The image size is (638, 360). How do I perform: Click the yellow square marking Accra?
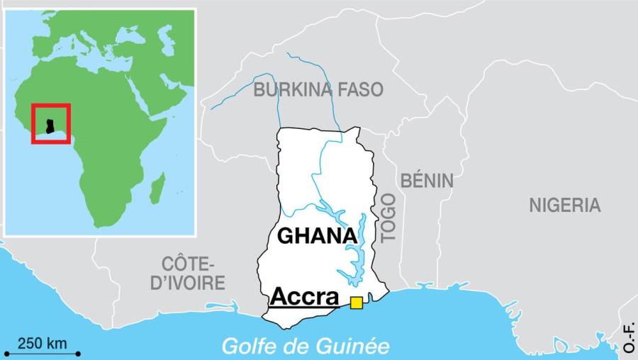pyautogui.click(x=356, y=303)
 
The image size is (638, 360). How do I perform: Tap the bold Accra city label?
pyautogui.click(x=304, y=296)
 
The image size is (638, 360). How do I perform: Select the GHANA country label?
pyautogui.click(x=316, y=236)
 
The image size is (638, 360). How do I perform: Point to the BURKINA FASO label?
pyautogui.click(x=318, y=89)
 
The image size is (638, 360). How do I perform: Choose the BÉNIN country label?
pyautogui.click(x=427, y=181)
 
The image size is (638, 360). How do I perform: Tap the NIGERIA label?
pyautogui.click(x=564, y=206)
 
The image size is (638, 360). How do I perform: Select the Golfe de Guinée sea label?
pyautogui.click(x=306, y=346)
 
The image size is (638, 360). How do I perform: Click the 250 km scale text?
pyautogui.click(x=42, y=344)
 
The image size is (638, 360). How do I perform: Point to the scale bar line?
pyautogui.click(x=42, y=353)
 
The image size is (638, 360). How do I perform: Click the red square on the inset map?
pyautogui.click(x=50, y=123)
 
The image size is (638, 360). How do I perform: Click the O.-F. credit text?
pyautogui.click(x=629, y=337)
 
